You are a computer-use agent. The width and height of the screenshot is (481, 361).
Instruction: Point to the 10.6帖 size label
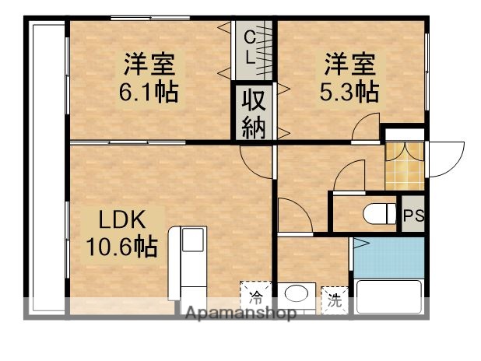pos(121,247)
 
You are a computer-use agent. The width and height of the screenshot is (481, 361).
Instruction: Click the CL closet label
pos(249,47)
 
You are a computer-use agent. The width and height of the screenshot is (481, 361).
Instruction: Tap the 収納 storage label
pos(254,114)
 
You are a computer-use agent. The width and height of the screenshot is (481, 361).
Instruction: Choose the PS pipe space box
pos(413,216)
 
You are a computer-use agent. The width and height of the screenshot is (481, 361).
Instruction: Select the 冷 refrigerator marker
pos(255,296)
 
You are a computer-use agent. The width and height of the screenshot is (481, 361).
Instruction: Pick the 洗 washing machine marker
pos(334,300)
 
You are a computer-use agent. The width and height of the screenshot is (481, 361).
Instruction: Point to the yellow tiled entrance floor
pos(405,164)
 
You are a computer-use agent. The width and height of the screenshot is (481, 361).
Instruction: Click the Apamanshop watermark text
pos(239,314)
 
